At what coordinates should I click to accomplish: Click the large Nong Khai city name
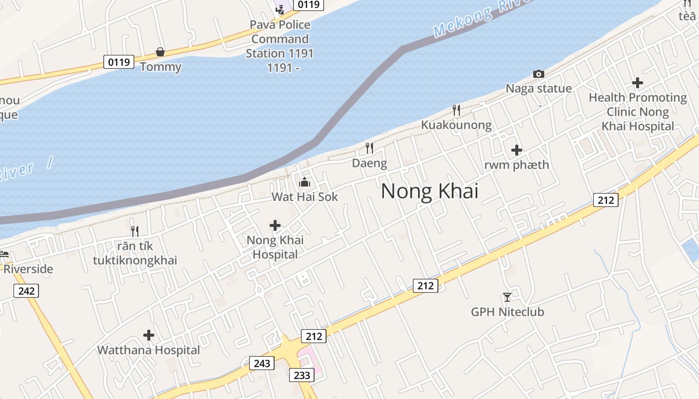click(x=429, y=192)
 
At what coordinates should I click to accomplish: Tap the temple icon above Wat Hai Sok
click(x=305, y=183)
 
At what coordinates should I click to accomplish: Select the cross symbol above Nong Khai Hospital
click(x=275, y=225)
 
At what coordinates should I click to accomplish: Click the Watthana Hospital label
click(x=148, y=350)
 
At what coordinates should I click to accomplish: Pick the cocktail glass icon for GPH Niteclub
click(x=507, y=297)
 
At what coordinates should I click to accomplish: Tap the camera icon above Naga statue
click(x=539, y=74)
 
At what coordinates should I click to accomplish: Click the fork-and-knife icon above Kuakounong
click(x=456, y=110)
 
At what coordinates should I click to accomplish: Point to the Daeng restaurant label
click(x=369, y=163)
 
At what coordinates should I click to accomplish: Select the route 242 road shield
click(x=26, y=291)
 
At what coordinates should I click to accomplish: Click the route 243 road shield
click(x=262, y=363)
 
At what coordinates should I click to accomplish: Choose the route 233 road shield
click(x=302, y=375)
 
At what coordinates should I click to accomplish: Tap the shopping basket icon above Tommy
click(x=160, y=52)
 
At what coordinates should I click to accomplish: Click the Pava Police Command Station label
click(x=280, y=46)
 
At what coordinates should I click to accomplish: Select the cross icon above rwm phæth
click(x=517, y=150)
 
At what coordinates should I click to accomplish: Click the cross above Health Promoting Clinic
click(x=638, y=83)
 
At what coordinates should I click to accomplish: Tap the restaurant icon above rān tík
click(x=134, y=231)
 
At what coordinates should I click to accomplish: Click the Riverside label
click(x=28, y=269)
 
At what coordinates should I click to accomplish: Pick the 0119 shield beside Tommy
click(x=119, y=62)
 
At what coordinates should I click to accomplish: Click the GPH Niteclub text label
click(x=507, y=312)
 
